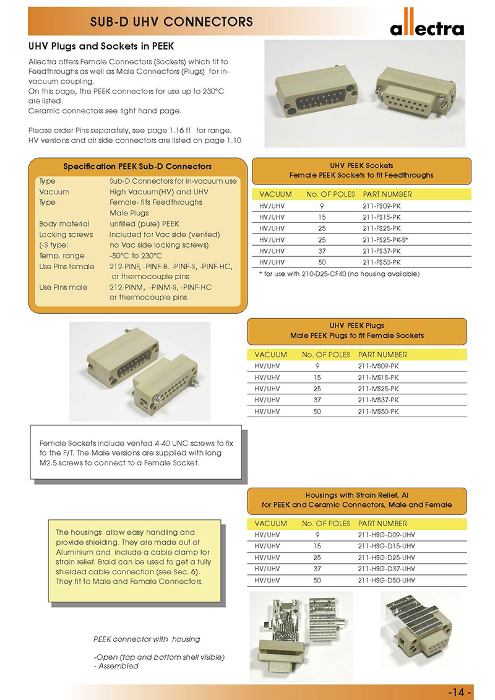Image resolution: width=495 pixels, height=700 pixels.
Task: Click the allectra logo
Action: (426, 28)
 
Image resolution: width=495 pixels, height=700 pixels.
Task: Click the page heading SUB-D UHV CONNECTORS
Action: (171, 22)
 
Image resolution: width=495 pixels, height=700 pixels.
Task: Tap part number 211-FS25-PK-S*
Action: (385, 239)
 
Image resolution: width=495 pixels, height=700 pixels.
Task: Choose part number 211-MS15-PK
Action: (378, 377)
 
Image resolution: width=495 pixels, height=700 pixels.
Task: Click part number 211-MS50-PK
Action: (378, 411)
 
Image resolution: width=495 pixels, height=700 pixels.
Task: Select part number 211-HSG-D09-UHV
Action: (386, 535)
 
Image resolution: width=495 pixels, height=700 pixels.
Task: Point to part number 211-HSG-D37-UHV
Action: (386, 568)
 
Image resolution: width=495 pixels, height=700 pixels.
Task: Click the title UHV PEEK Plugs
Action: (357, 326)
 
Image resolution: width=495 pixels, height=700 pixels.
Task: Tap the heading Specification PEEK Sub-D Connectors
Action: (137, 166)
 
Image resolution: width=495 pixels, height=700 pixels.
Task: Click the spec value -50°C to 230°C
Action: (136, 256)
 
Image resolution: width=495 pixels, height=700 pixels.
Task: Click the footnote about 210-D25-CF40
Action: (339, 274)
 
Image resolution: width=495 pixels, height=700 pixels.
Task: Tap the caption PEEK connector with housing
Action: (147, 639)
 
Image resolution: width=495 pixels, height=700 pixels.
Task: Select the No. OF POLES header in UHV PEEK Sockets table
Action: (330, 194)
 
